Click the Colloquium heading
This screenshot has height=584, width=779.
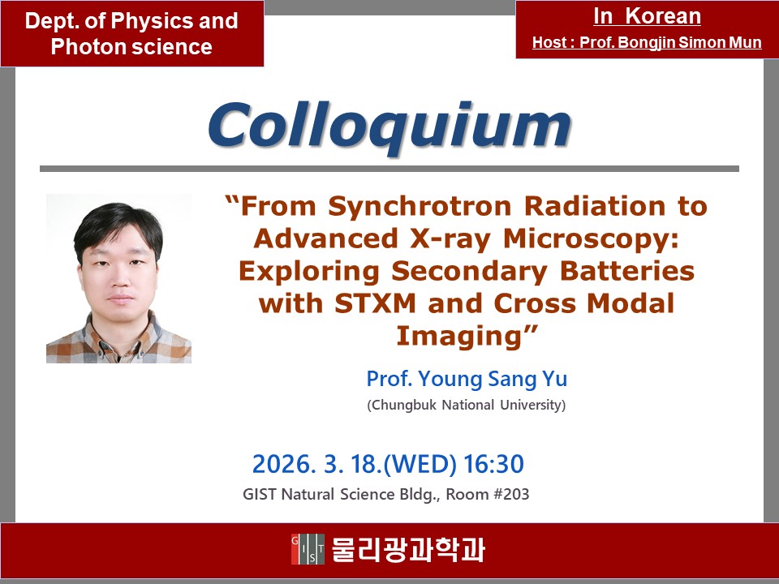pos(389,127)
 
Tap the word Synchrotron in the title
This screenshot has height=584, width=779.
pos(420,207)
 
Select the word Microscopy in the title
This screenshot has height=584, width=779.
pos(591,238)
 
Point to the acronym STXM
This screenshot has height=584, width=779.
pos(375,303)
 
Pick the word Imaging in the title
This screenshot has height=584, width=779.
pos(461,336)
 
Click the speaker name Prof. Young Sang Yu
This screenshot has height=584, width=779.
pos(467,379)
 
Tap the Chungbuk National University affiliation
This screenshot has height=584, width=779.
pos(467,406)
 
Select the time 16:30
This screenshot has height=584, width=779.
pos(493,464)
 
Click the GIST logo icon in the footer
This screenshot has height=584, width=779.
pos(308,549)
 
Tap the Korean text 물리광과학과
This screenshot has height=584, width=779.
pos(408,549)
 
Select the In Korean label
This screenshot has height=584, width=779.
pos(647,16)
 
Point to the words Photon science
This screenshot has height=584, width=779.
pos(131,47)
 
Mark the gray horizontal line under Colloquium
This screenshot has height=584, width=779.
pos(389,169)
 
